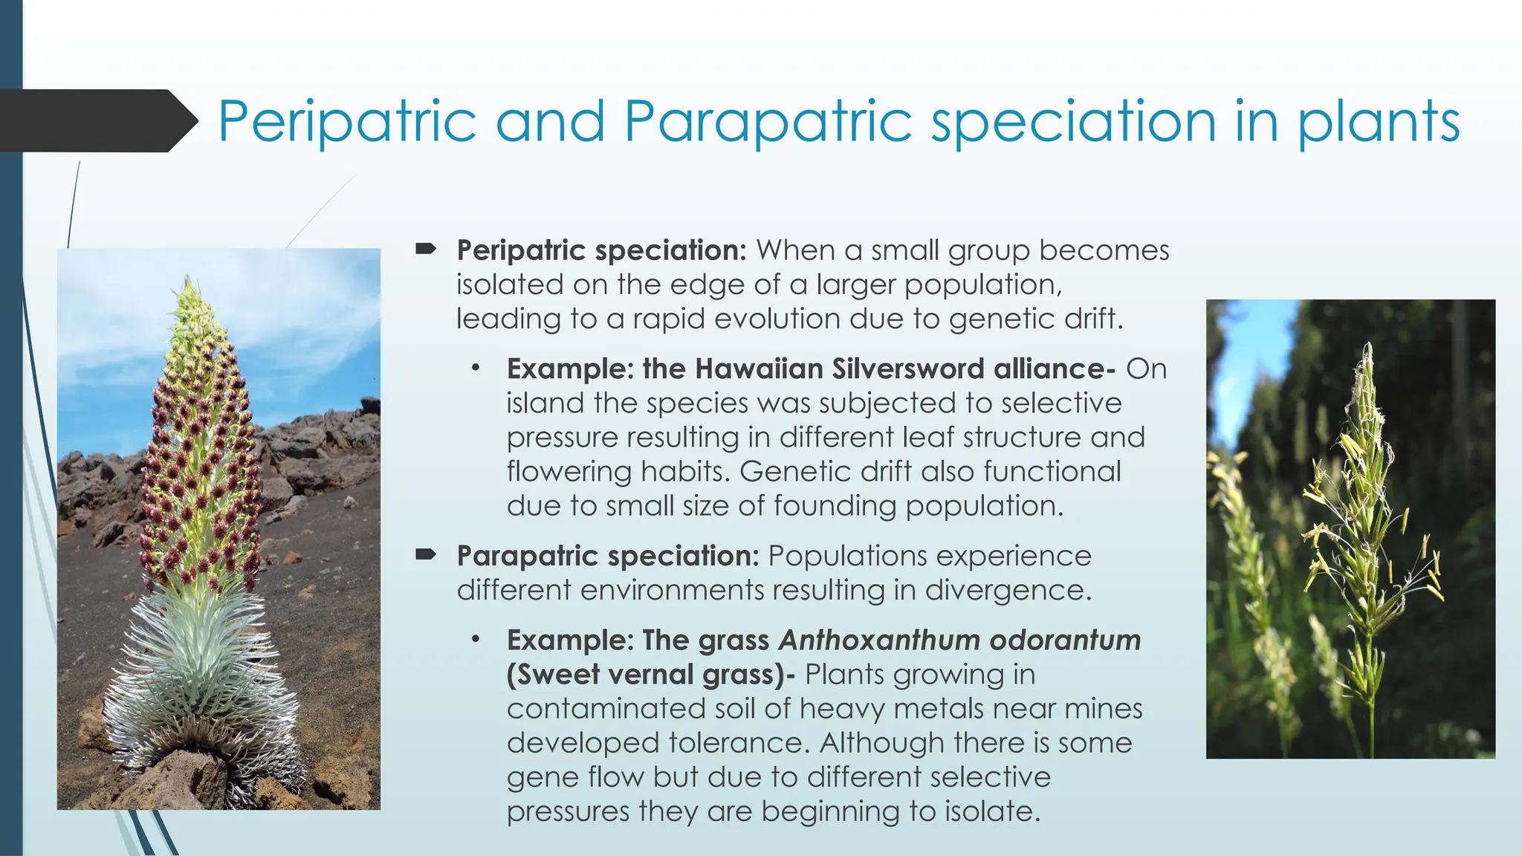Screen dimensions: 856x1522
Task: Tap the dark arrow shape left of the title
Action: (97, 121)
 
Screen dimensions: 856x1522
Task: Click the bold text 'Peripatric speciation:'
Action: (600, 250)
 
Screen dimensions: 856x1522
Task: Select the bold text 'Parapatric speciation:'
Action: (607, 556)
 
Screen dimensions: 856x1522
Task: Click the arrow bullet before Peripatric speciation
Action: (425, 250)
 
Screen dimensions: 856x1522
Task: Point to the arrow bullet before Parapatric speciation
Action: (425, 554)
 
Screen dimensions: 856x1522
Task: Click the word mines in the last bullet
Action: (1103, 708)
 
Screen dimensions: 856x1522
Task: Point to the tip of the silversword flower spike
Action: (190, 282)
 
